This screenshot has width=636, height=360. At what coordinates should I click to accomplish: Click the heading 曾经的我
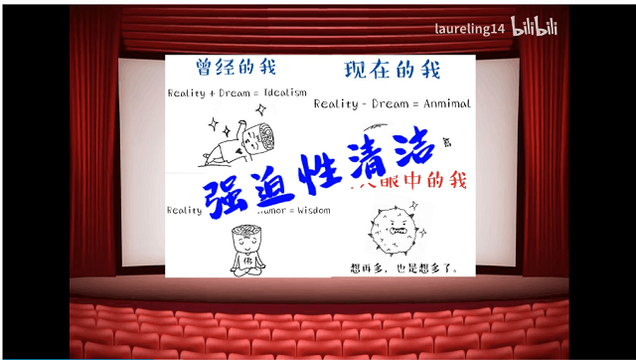pos(236,69)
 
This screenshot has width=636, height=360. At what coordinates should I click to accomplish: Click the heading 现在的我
pos(392,71)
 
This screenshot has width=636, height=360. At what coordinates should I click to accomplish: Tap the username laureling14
pos(470,29)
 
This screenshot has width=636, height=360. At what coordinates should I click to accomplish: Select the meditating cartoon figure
pos(243,250)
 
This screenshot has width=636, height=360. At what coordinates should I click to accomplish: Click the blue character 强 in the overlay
pos(225,196)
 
